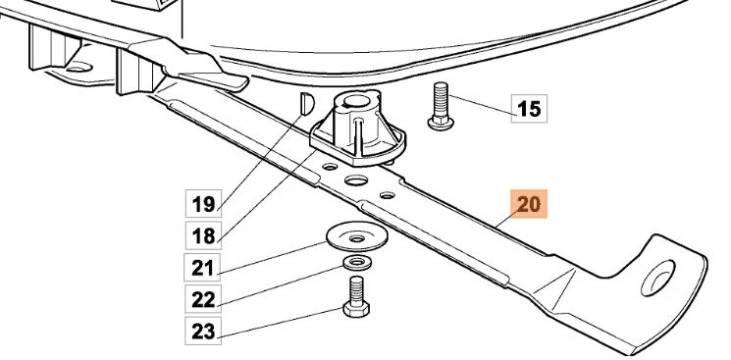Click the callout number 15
tap(529, 109)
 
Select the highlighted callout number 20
tap(529, 204)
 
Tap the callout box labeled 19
tap(204, 203)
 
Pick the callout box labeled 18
tap(204, 235)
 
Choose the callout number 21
tap(202, 268)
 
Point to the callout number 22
tap(202, 299)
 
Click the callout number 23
tap(202, 332)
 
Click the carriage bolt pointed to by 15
tap(441, 106)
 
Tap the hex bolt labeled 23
tap(356, 296)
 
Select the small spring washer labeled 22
tap(357, 263)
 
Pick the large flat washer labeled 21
tap(357, 237)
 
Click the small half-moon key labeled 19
tap(307, 103)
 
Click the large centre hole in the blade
tap(356, 180)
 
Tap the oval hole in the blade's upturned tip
tap(657, 278)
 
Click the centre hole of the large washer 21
tap(357, 239)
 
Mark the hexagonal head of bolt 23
tap(356, 309)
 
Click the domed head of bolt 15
tap(441, 124)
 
